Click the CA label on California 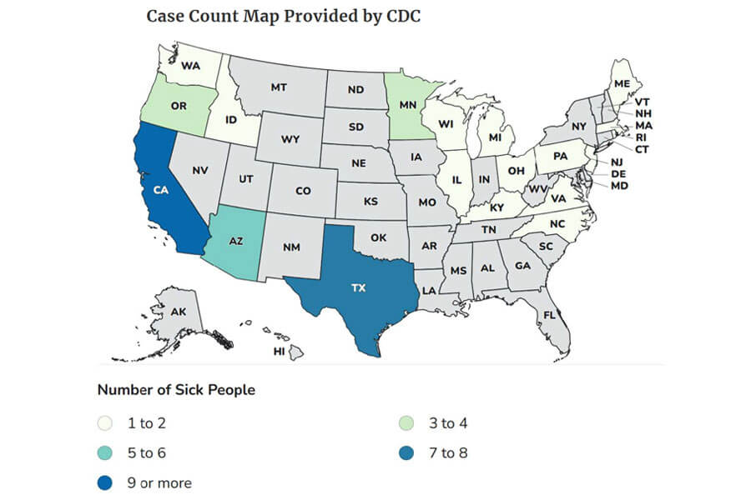pyautogui.click(x=160, y=190)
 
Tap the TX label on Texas pyautogui.click(x=358, y=287)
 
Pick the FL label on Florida pyautogui.click(x=549, y=316)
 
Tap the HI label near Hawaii pyautogui.click(x=280, y=352)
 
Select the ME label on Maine pyautogui.click(x=622, y=83)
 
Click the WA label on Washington pyautogui.click(x=190, y=64)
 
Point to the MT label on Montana pyautogui.click(x=279, y=87)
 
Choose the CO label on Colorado pyautogui.click(x=303, y=191)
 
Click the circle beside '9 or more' pyautogui.click(x=105, y=482)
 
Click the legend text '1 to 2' pyautogui.click(x=146, y=423)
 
